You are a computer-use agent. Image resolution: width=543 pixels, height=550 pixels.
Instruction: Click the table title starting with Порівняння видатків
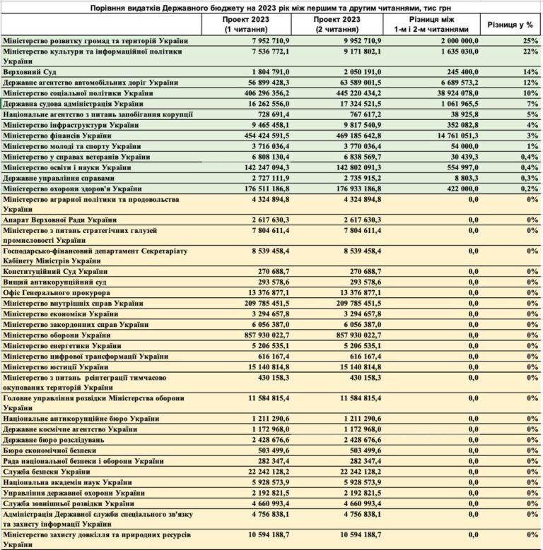point(271,6)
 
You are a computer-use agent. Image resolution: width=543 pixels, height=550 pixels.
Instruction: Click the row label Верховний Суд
point(30,73)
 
